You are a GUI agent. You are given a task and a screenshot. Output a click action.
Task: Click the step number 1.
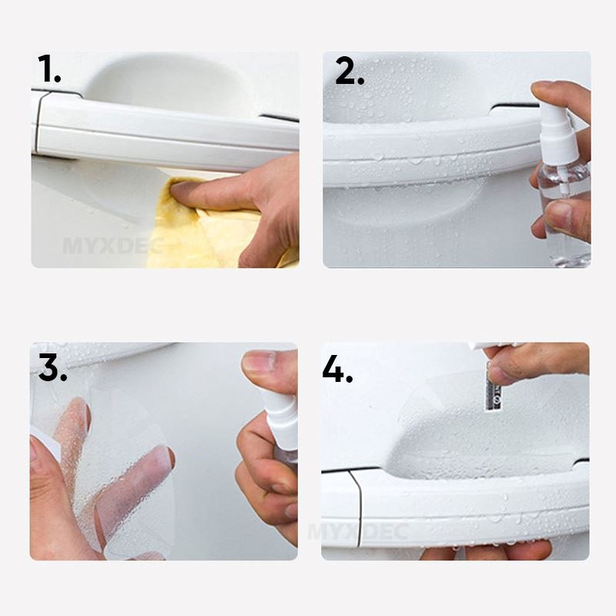[x=49, y=71]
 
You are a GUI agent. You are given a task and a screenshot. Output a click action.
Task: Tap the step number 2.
[x=349, y=71]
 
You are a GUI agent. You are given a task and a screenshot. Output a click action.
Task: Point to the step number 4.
[x=336, y=370]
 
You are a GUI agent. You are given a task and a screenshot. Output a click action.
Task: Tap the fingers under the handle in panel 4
[x=493, y=550]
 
